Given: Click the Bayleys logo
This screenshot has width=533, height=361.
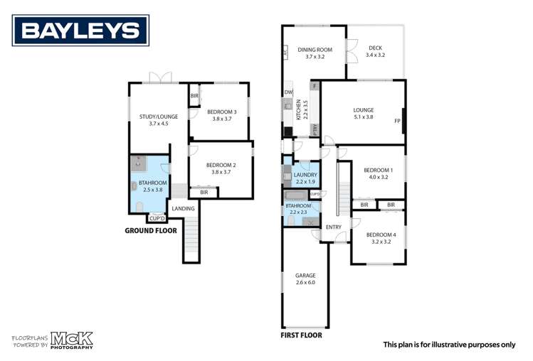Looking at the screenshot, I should (x=80, y=31).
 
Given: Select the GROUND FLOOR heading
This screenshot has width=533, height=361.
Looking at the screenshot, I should (x=151, y=230).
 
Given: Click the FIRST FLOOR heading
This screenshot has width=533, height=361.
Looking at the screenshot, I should (x=302, y=335).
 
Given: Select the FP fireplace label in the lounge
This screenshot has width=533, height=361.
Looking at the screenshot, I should (x=398, y=121).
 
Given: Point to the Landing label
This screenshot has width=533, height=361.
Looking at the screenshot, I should (x=184, y=208).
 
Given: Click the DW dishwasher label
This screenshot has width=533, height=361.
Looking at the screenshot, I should (x=288, y=92).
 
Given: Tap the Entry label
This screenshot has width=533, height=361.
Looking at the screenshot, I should (x=334, y=227).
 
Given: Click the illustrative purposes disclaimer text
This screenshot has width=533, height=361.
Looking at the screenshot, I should (x=449, y=345).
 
